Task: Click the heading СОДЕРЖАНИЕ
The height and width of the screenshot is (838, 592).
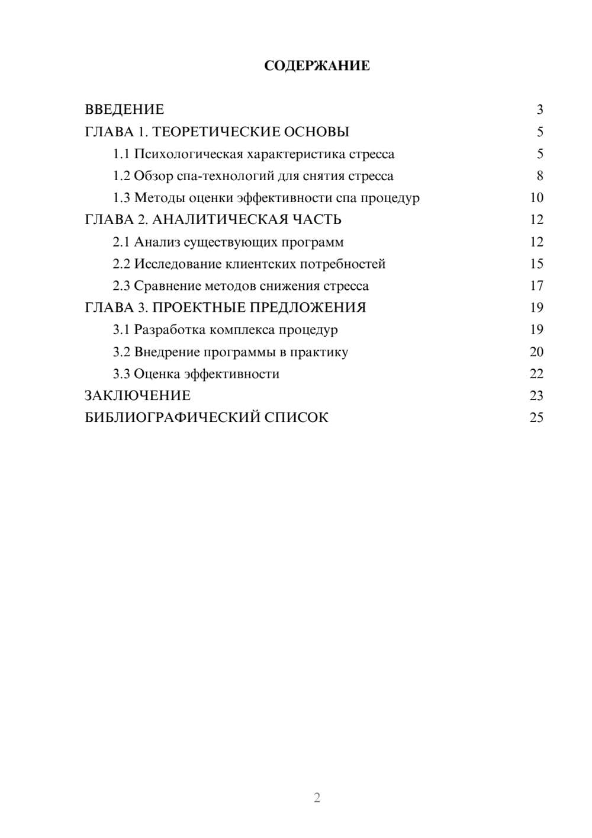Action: point(317,66)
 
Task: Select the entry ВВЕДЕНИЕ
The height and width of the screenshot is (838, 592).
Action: point(124,110)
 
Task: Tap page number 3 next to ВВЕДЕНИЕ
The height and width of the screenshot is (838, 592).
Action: point(539,110)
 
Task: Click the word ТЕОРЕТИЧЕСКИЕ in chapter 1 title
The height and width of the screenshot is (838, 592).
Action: point(215,132)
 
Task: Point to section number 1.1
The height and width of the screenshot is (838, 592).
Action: point(121,154)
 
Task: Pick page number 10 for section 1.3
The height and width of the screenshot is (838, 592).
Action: point(536,198)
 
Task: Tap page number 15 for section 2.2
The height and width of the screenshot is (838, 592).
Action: point(536,264)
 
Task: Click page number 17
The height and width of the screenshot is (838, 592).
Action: point(536,286)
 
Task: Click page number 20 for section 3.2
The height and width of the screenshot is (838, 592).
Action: point(536,352)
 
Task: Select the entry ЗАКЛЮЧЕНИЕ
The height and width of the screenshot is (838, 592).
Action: point(137,396)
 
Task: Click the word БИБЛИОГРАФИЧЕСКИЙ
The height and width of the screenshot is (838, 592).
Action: point(172,418)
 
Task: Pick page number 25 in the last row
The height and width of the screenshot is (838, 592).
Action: point(536,418)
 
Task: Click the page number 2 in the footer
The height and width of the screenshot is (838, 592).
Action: point(317,798)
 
